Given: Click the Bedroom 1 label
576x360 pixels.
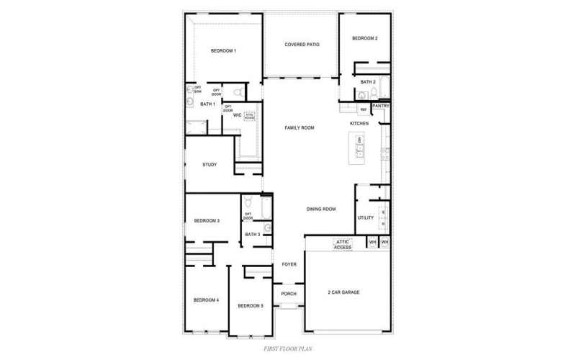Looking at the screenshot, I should pyautogui.click(x=223, y=50).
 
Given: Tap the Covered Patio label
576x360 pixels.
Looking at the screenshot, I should pyautogui.click(x=302, y=45).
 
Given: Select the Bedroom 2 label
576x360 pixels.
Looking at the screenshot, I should pyautogui.click(x=365, y=38).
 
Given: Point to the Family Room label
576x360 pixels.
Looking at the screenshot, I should pyautogui.click(x=300, y=127).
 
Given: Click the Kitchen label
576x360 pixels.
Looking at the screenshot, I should pyautogui.click(x=359, y=123).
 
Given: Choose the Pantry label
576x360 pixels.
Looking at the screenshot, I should pyautogui.click(x=381, y=106).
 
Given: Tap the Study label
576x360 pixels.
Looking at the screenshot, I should pyautogui.click(x=210, y=165).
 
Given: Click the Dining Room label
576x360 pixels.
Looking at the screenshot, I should pyautogui.click(x=321, y=209).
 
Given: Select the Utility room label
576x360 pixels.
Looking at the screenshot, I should pyautogui.click(x=365, y=217).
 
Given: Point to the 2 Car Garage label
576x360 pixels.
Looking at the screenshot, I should pyautogui.click(x=343, y=292).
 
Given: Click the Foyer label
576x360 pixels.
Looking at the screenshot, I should pyautogui.click(x=289, y=264).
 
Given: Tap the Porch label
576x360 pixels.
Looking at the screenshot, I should pyautogui.click(x=289, y=294).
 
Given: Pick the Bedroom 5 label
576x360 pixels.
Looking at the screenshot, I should pyautogui.click(x=251, y=306).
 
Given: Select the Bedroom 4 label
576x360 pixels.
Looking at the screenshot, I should pyautogui.click(x=206, y=300).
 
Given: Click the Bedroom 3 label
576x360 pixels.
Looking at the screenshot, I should pyautogui.click(x=207, y=220).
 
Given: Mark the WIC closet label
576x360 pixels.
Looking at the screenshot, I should pyautogui.click(x=236, y=115).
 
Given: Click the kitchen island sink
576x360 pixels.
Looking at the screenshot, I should pyautogui.click(x=361, y=150).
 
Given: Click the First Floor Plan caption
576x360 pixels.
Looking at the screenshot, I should pyautogui.click(x=287, y=348).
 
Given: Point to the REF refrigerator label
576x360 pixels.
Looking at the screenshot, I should pyautogui.click(x=363, y=109).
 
